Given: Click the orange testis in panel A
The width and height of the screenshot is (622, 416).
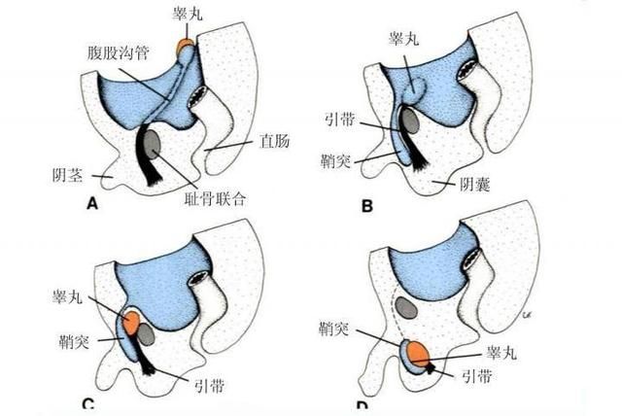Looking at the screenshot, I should point(185,46).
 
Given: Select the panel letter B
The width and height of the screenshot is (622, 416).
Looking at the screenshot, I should point(367,205).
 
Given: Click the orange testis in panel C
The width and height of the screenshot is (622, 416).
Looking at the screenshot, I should point(131,324).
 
